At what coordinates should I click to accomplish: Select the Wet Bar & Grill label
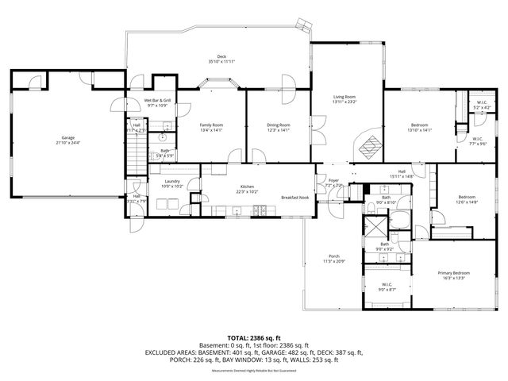(x=157, y=101)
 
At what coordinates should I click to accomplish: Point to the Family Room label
(x=210, y=125)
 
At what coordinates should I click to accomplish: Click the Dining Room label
(x=278, y=125)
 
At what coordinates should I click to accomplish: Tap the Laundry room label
(x=172, y=182)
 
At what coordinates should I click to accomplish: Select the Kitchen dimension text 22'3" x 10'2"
(x=247, y=191)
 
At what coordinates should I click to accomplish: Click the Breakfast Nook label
(x=294, y=197)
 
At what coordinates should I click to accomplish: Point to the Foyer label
(x=333, y=180)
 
